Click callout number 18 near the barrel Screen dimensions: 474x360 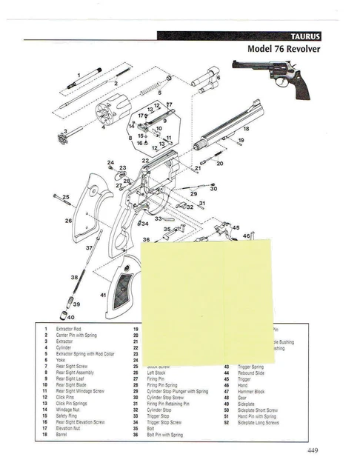click(x=246, y=128)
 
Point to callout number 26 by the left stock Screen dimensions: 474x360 click(x=68, y=220)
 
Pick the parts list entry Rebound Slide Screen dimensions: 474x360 click(x=252, y=373)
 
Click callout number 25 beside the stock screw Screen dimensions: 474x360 click(x=66, y=197)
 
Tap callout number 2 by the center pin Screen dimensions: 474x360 click(x=116, y=84)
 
